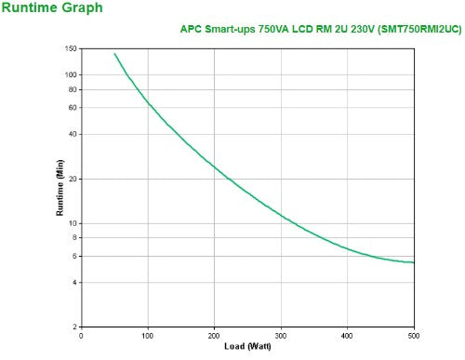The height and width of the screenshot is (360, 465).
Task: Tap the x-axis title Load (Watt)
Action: pyautogui.click(x=247, y=347)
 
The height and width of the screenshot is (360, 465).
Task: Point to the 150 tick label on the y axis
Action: pyautogui.click(x=72, y=47)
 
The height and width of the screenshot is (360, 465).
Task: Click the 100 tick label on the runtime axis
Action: pyautogui.click(x=72, y=74)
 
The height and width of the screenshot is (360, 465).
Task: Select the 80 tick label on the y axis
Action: pyautogui.click(x=73, y=89)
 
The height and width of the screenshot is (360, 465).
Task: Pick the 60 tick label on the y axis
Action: pyautogui.click(x=73, y=108)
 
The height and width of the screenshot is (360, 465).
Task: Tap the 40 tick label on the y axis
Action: pyautogui.click(x=73, y=134)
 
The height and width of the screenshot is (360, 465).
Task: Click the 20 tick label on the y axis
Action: pyautogui.click(x=73, y=179)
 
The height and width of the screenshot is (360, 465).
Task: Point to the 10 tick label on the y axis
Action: pyautogui.click(x=73, y=223)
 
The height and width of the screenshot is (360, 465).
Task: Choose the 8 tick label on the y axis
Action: pyautogui.click(x=75, y=237)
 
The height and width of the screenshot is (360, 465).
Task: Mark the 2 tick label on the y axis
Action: pyautogui.click(x=75, y=327)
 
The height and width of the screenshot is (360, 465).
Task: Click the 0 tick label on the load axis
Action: pyautogui.click(x=82, y=335)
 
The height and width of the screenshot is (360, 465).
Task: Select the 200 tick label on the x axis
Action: pyautogui.click(x=215, y=335)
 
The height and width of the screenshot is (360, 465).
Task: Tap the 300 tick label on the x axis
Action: pyautogui.click(x=281, y=335)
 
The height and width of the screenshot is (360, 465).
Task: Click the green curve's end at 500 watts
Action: pyautogui.click(x=414, y=262)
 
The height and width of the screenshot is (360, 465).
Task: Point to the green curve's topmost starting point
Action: pyautogui.click(x=114, y=53)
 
